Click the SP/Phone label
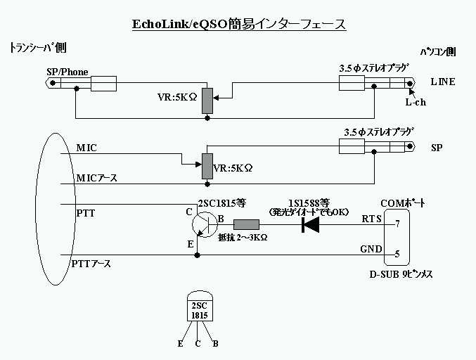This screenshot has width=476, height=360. click(x=67, y=72)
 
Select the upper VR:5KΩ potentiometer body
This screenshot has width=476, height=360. click(x=207, y=101)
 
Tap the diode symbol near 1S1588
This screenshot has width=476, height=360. click(x=310, y=225)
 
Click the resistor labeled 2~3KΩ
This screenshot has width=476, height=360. click(x=246, y=225)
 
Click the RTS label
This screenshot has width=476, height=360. click(x=371, y=218)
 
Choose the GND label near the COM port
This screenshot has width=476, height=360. click(x=371, y=249)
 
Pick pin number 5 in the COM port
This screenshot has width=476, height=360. click(x=397, y=254)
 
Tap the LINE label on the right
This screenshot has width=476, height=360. click(x=442, y=82)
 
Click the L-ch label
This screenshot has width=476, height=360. click(x=416, y=102)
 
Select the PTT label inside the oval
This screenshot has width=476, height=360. click(x=84, y=212)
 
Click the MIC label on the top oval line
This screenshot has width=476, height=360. click(x=86, y=148)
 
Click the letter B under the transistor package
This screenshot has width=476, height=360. click(x=215, y=344)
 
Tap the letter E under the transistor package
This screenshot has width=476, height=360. click(x=181, y=344)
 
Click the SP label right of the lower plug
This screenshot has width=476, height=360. click(x=437, y=148)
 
